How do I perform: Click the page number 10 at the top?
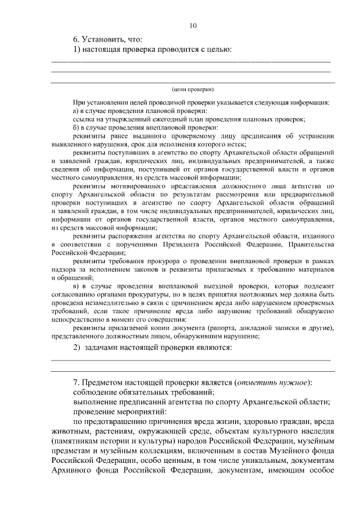coord(193,25)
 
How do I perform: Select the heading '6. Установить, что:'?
coord(108,39)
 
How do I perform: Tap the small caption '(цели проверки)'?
coord(193,89)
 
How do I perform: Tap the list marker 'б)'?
coord(77,127)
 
